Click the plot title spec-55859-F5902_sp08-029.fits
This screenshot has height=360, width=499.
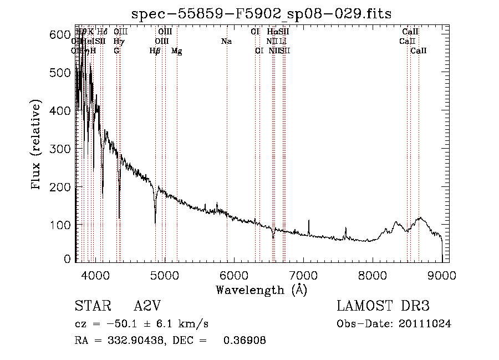click(x=261, y=13)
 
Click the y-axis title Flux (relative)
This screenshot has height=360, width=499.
click(x=37, y=146)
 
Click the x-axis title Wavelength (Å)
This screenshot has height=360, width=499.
click(x=261, y=290)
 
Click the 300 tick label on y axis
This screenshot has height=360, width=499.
click(x=60, y=149)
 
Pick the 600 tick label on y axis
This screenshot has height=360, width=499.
click(x=60, y=34)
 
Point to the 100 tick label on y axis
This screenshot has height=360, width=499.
click(x=60, y=225)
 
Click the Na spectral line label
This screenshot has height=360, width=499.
click(x=226, y=41)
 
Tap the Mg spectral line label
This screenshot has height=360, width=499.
click(x=176, y=51)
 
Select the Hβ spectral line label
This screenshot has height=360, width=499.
click(x=155, y=51)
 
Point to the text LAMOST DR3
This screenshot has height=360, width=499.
click(x=383, y=307)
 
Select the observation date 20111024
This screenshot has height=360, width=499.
click(x=426, y=324)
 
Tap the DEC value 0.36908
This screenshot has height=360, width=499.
click(x=244, y=341)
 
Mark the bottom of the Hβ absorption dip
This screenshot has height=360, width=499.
click(x=155, y=222)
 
